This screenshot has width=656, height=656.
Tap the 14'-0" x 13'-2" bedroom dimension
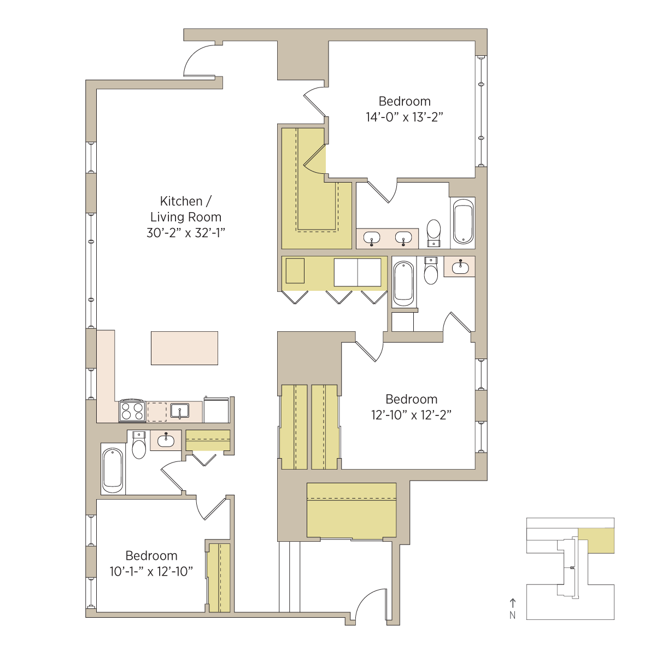pyautogui.click(x=405, y=117)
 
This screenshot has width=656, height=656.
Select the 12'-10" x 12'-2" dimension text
pyautogui.click(x=411, y=415)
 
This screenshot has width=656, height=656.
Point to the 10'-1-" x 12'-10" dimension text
pyautogui.click(x=151, y=572)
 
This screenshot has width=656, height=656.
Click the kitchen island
pyautogui.click(x=185, y=348)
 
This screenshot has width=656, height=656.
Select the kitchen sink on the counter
pyautogui.click(x=179, y=411)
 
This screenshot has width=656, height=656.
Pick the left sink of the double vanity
pyautogui.click(x=372, y=238)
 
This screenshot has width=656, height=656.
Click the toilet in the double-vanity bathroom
pyautogui.click(x=434, y=233)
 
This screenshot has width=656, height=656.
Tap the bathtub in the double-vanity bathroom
pyautogui.click(x=464, y=221)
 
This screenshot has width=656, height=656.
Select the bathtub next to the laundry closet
pyautogui.click(x=404, y=284)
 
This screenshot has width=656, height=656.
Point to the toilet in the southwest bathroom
pyautogui.click(x=138, y=445)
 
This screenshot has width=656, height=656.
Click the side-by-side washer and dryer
pyautogui.click(x=358, y=272)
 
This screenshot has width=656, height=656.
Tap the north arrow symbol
pyautogui.click(x=512, y=603)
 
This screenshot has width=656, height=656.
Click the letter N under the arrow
pyautogui.click(x=512, y=616)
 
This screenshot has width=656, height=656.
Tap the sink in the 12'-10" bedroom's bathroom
pyautogui.click(x=460, y=267)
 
